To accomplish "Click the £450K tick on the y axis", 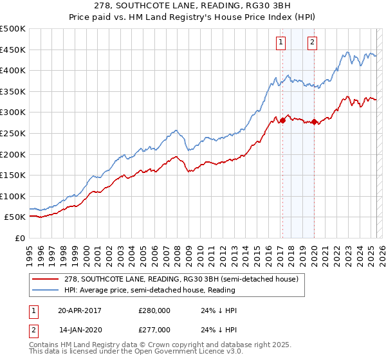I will [13, 50].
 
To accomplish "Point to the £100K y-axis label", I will [13, 196].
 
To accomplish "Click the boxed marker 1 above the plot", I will [282, 43].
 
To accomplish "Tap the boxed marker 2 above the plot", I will [313, 43].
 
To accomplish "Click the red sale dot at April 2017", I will [282, 120].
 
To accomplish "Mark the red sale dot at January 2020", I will [314, 122].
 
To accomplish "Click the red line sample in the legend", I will [46, 280].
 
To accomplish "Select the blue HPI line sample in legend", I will [46, 291].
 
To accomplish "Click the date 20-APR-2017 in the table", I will [80, 310].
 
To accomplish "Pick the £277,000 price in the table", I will [154, 330].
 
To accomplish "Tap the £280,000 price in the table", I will [154, 310].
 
